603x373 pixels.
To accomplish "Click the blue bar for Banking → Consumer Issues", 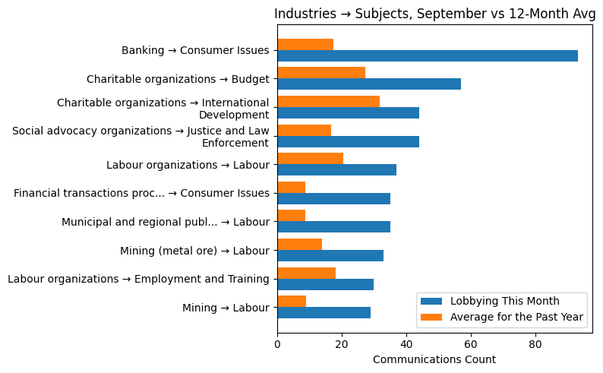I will pyautogui.click(x=428, y=55).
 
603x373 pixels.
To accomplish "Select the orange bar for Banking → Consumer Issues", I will pyautogui.click(x=305, y=44).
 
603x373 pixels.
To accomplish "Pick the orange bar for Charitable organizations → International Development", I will pyautogui.click(x=328, y=102).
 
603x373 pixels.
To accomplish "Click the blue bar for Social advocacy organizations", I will pyautogui.click(x=348, y=141).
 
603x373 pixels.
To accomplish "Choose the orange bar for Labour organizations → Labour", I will pyautogui.click(x=310, y=159).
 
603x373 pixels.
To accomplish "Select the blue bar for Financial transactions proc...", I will pyautogui.click(x=333, y=198).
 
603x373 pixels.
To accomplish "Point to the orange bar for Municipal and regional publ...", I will pyautogui.click(x=291, y=216).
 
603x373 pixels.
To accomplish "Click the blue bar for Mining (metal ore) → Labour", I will pyautogui.click(x=330, y=255).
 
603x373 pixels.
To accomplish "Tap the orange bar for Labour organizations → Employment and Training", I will pyautogui.click(x=306, y=273).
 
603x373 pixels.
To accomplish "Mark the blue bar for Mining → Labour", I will pyautogui.click(x=324, y=313).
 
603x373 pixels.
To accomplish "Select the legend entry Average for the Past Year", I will pyautogui.click(x=516, y=317).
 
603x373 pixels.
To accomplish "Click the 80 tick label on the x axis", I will pyautogui.click(x=535, y=346).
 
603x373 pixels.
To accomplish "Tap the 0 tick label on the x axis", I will pyautogui.click(x=277, y=346).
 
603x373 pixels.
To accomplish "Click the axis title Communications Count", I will pyautogui.click(x=434, y=360).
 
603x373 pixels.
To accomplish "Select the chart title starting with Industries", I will pyautogui.click(x=434, y=14).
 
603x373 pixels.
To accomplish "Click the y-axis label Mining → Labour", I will pyautogui.click(x=226, y=308).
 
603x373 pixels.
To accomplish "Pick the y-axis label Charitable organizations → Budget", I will pyautogui.click(x=178, y=79).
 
